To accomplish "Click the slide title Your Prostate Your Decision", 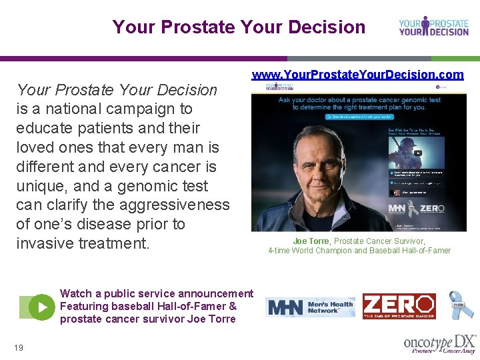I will coord(239,27).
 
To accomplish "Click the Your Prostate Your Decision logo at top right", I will coord(433,27).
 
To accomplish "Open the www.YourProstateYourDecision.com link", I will coord(357,75).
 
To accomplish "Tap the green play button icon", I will coord(42,307).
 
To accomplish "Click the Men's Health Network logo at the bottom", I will coord(310,307).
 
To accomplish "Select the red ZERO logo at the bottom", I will coord(399,307).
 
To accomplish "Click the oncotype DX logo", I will coord(439,343).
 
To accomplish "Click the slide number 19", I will coord(18,347).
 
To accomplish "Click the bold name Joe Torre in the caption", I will coord(311,241).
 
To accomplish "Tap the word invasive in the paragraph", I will coord(45,244).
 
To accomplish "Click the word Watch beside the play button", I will coord(75,293).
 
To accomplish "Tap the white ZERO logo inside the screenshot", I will coord(432,209).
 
